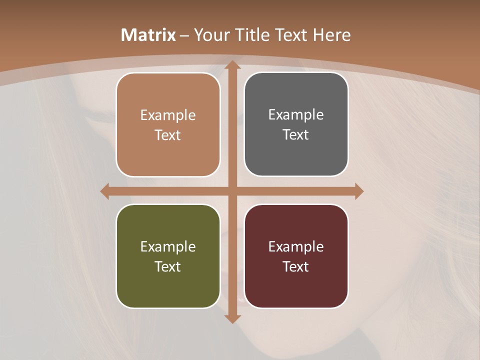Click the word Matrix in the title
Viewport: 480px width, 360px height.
(148, 35)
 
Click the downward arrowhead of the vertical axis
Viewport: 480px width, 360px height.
(232, 318)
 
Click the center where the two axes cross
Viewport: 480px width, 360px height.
(232, 191)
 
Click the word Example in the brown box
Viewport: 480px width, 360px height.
(168, 115)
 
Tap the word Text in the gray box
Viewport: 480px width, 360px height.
(296, 135)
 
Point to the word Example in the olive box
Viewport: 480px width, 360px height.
(168, 247)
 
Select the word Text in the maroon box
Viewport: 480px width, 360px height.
(296, 267)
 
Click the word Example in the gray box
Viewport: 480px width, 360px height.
(296, 115)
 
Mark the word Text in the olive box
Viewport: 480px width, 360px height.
(168, 267)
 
